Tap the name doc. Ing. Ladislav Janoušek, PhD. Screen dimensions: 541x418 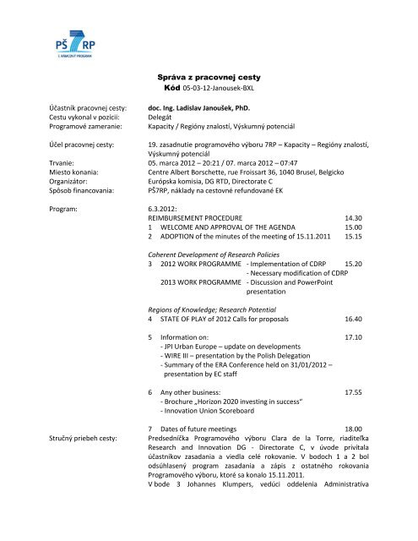click(x=212, y=108)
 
